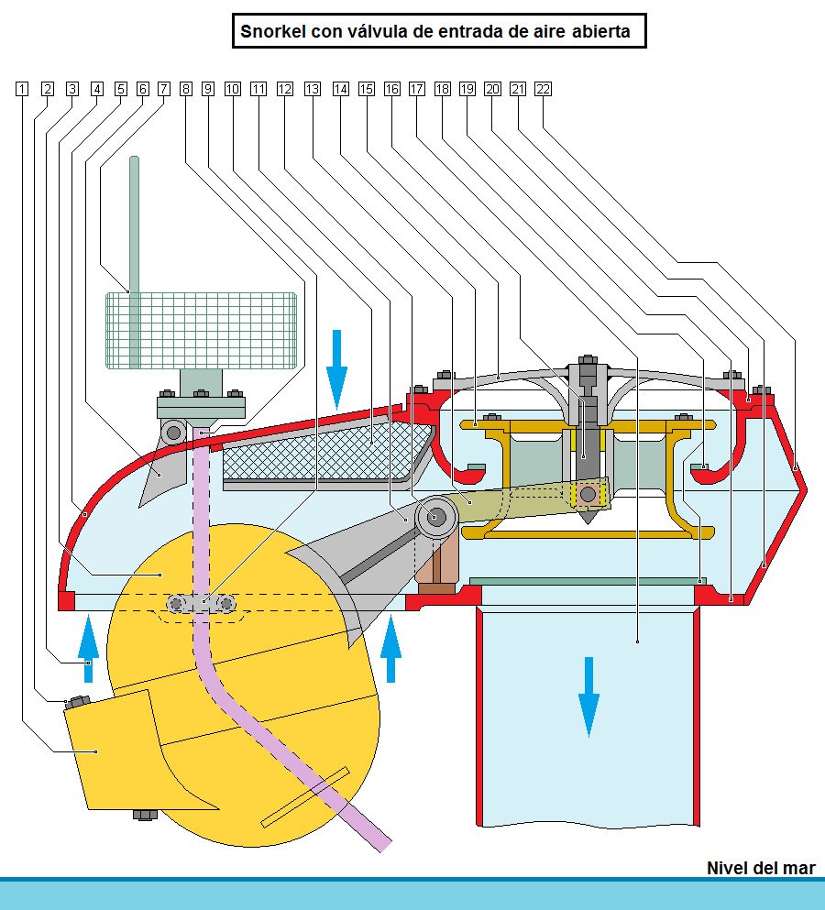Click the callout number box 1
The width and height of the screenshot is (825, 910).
coord(22,89)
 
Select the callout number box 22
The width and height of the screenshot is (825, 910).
coord(543,89)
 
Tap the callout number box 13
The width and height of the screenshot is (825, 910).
coord(313,89)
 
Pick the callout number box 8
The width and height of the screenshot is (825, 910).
coord(186,89)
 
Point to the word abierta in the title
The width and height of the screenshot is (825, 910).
coord(600,32)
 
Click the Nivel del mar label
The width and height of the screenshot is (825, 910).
coord(760,868)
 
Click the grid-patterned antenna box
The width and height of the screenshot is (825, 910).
coord(202,330)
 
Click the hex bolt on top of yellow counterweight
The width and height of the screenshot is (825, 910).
coord(77,702)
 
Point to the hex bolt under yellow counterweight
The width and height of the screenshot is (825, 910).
coord(144,815)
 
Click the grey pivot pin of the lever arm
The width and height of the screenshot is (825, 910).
coord(436,517)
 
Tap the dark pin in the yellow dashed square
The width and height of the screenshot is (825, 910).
coord(588,495)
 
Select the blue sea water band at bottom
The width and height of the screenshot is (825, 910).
coord(412,894)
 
